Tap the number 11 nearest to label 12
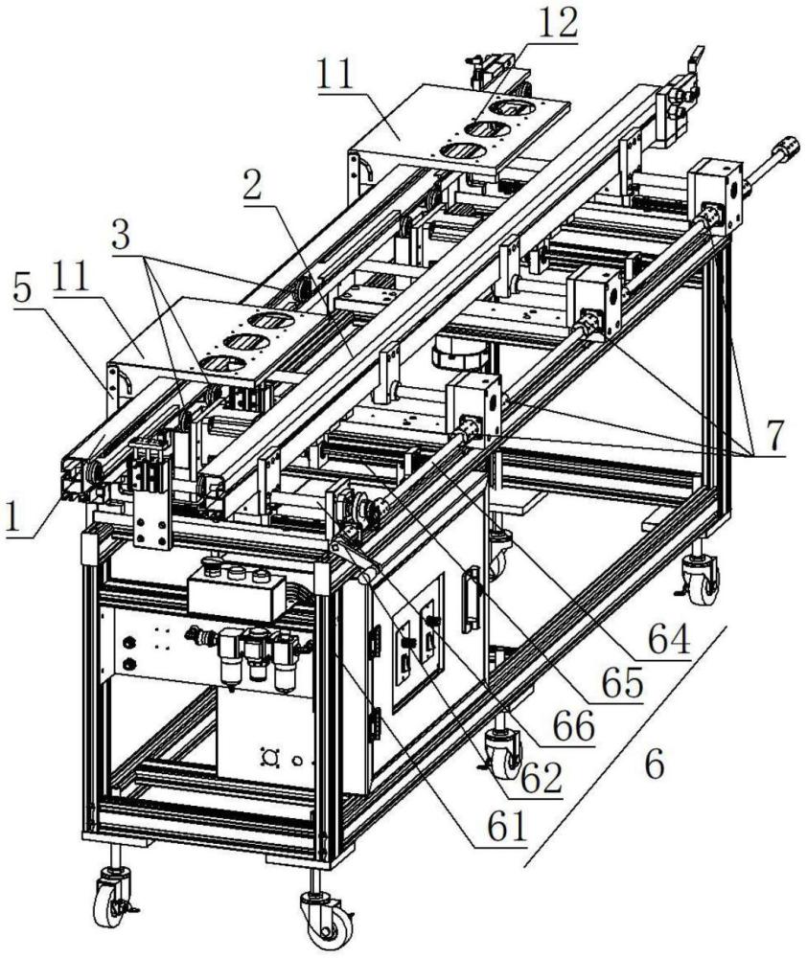(x=335, y=77)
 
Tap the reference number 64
(x=669, y=638)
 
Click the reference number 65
(x=622, y=682)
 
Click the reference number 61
(x=507, y=827)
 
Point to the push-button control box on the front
(x=237, y=588)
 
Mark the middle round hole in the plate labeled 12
(x=483, y=129)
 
